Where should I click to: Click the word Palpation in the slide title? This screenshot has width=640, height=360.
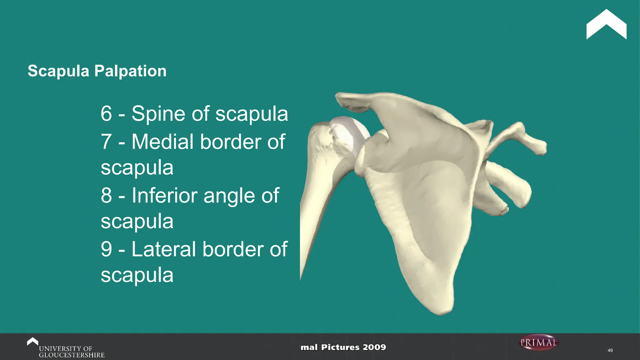pyautogui.click(x=130, y=71)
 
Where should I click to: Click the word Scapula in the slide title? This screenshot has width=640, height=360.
pyautogui.click(x=58, y=71)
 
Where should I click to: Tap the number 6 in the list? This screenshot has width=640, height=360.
pyautogui.click(x=106, y=113)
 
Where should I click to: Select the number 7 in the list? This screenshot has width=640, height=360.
pyautogui.click(x=106, y=142)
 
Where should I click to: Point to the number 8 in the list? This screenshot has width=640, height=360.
pyautogui.click(x=106, y=196)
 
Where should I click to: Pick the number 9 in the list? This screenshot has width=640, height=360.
pyautogui.click(x=106, y=249)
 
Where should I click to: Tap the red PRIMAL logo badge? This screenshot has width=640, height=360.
pyautogui.click(x=538, y=342)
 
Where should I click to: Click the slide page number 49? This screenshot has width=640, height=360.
pyautogui.click(x=610, y=350)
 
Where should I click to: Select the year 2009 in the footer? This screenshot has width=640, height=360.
pyautogui.click(x=374, y=347)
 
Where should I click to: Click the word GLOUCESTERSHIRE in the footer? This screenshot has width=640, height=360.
pyautogui.click(x=72, y=355)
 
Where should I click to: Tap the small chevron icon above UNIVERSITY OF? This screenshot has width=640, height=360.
pyautogui.click(x=32, y=341)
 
